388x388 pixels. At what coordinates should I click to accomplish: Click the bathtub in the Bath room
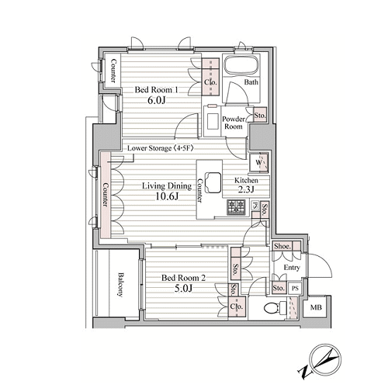click(241, 64)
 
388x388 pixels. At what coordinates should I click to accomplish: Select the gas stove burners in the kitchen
click(236, 207)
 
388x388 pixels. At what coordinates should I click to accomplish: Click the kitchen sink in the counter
click(213, 182)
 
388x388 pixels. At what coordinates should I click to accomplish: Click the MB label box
click(316, 307)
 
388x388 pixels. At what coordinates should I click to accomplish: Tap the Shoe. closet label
click(282, 246)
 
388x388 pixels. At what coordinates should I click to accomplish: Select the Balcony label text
click(120, 284)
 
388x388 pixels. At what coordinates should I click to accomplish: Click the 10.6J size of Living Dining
click(167, 196)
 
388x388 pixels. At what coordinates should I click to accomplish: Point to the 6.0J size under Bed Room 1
click(156, 100)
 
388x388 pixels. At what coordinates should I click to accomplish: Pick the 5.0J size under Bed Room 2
click(183, 288)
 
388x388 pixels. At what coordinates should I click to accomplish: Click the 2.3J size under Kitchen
click(246, 189)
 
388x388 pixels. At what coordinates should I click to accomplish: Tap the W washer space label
click(258, 162)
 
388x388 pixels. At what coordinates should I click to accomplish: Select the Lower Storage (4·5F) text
click(161, 148)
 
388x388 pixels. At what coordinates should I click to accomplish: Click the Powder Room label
click(234, 123)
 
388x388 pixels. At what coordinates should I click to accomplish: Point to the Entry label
click(292, 268)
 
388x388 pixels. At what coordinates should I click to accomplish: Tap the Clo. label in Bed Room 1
click(210, 82)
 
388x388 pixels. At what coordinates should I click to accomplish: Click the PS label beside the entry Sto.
click(295, 288)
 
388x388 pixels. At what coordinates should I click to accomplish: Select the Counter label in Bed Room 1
click(113, 71)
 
